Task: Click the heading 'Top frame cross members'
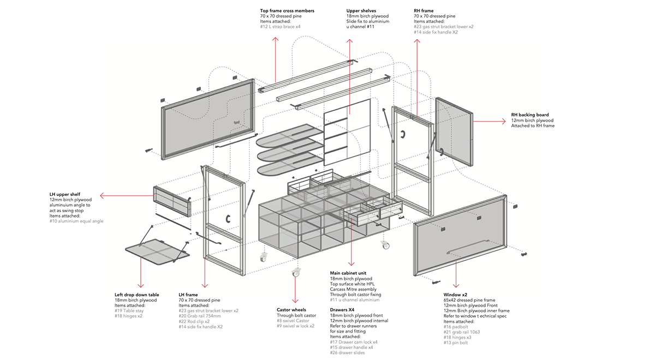[287, 11]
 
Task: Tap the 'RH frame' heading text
[424, 11]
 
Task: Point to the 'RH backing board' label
[530, 115]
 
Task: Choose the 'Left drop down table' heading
[137, 295]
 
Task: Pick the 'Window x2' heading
[456, 295]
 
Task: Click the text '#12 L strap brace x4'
[281, 27]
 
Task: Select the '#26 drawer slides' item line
[348, 352]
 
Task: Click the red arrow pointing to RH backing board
[489, 122]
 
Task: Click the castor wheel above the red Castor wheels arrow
[296, 272]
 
